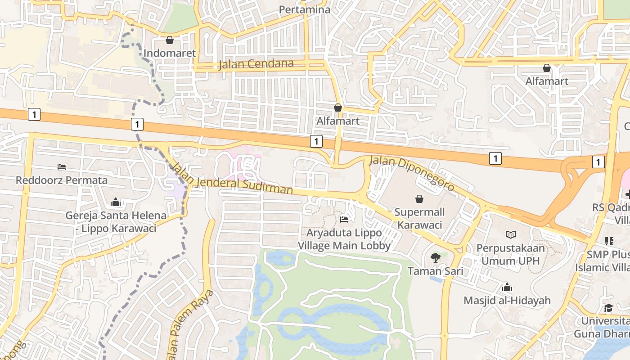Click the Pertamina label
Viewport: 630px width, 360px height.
pos(304,9)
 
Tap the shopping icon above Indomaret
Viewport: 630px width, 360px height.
pos(170,40)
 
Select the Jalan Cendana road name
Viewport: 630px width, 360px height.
pos(256,64)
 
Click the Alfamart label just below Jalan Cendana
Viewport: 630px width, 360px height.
pos(338,121)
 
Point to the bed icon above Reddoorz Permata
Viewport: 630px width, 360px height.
pos(62,167)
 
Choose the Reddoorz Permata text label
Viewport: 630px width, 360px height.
pos(62,180)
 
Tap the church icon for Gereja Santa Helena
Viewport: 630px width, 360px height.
pos(116,202)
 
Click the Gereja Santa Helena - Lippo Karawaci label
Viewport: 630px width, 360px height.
pos(116,222)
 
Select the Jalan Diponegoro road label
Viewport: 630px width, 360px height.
pos(412,173)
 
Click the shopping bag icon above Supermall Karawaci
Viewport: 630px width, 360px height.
pos(419,199)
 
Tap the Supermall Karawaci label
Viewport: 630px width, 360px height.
pos(419,218)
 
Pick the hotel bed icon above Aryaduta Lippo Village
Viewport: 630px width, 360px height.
pos(344,220)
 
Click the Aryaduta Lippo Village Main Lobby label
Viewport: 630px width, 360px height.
pos(344,239)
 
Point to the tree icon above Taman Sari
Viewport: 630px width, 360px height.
pos(435,258)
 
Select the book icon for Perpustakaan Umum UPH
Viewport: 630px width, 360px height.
pos(511,234)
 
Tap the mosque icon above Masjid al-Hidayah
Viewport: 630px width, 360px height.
pos(507,287)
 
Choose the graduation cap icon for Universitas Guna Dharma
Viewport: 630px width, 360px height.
pos(608,308)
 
